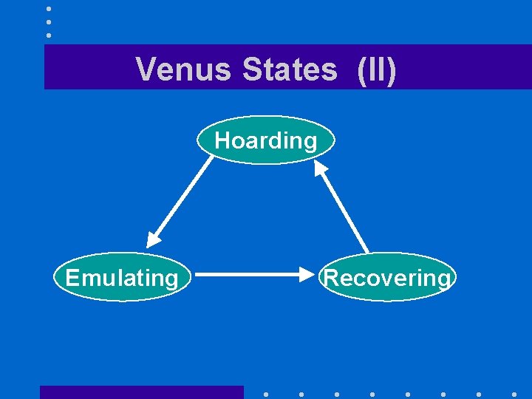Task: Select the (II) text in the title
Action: [x=376, y=70]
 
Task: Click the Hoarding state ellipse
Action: [x=266, y=140]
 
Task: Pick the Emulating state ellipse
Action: [x=122, y=278]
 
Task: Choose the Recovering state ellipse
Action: [x=387, y=278]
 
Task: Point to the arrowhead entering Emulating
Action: [x=153, y=239]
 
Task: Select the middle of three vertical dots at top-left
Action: [x=49, y=21]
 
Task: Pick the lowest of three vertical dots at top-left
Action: [x=49, y=35]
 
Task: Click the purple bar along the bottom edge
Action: [x=141, y=392]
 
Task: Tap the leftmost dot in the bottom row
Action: [x=265, y=394]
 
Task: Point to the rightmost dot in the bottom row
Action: [x=514, y=394]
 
